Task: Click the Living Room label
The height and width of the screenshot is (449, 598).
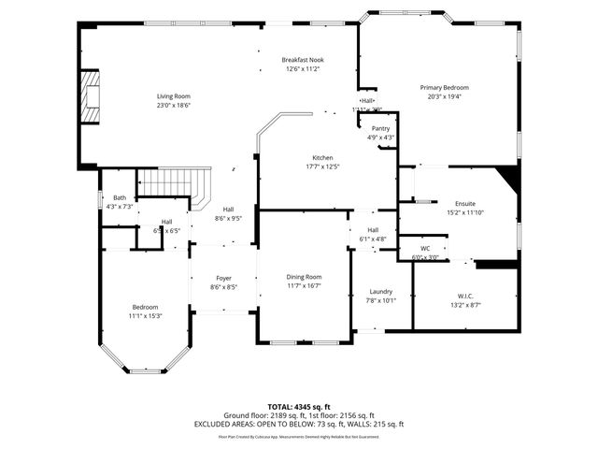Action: pyautogui.click(x=173, y=96)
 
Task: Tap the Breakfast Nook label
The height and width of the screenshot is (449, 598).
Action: pyautogui.click(x=302, y=60)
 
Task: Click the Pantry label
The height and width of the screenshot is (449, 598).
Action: pyautogui.click(x=380, y=128)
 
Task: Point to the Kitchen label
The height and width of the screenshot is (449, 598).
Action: pyautogui.click(x=322, y=157)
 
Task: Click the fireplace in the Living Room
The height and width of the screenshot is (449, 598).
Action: pyautogui.click(x=90, y=96)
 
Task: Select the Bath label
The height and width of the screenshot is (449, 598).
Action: pyautogui.click(x=120, y=197)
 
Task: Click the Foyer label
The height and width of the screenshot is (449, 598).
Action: pyautogui.click(x=224, y=278)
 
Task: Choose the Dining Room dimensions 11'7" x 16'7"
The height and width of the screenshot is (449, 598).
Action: pyautogui.click(x=304, y=286)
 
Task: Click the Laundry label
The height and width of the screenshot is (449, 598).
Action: pyautogui.click(x=380, y=291)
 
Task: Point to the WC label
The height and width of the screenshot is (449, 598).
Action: pyautogui.click(x=425, y=248)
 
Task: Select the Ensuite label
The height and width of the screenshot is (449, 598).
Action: pyautogui.click(x=464, y=203)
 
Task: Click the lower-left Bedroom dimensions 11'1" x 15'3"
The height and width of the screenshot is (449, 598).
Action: pyautogui.click(x=145, y=316)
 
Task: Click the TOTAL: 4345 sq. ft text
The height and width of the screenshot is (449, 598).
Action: pyautogui.click(x=298, y=406)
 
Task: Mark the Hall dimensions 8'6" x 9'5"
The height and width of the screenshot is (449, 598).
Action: pyautogui.click(x=229, y=218)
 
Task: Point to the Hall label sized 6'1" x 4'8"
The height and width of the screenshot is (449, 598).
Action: pyautogui.click(x=373, y=239)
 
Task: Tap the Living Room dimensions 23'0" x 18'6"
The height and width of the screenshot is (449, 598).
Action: pyautogui.click(x=173, y=106)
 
